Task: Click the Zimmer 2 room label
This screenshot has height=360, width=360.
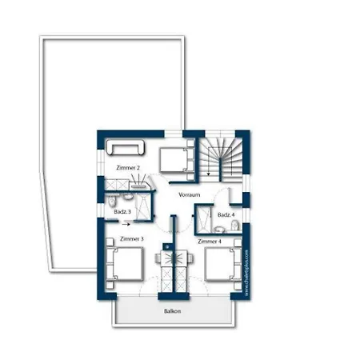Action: pyautogui.click(x=128, y=168)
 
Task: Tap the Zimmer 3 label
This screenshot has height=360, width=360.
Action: pyautogui.click(x=131, y=239)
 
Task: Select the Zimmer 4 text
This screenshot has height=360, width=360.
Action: pyautogui.click(x=210, y=240)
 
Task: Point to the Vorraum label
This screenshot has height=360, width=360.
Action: pyautogui.click(x=189, y=195)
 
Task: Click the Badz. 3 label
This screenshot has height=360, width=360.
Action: pyautogui.click(x=122, y=212)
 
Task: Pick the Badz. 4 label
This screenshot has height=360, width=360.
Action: pyautogui.click(x=226, y=214)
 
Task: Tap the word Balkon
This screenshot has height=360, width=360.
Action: pyautogui.click(x=172, y=310)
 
